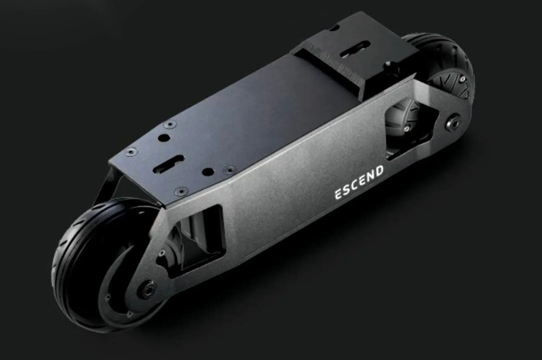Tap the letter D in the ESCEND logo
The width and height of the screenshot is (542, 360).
(379, 171)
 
